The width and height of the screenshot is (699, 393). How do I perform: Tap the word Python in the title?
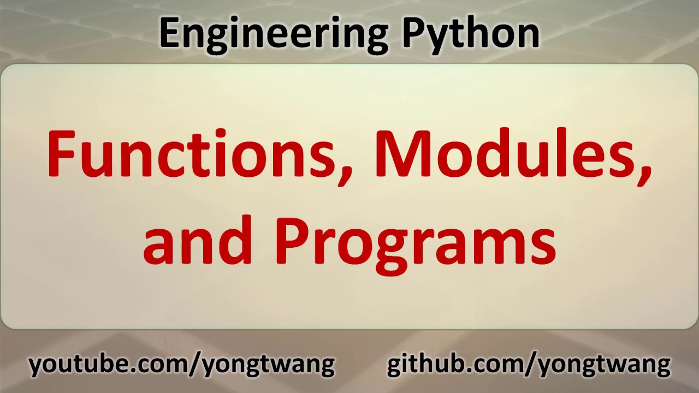coord(471,33)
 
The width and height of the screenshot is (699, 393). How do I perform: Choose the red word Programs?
coord(415,240)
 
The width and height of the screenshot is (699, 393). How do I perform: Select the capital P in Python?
coord(414,33)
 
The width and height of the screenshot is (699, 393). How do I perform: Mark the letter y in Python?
coord(437,37)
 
